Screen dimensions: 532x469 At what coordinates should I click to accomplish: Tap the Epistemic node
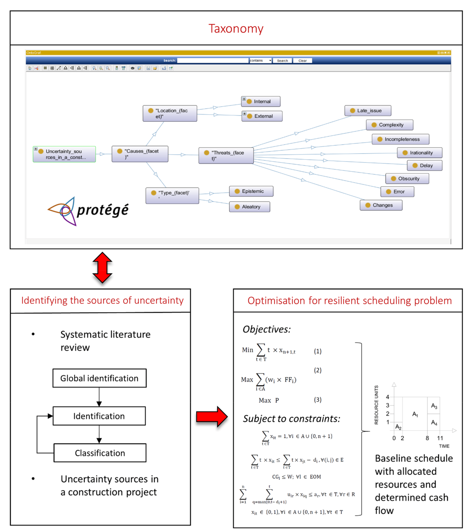pos(251,191)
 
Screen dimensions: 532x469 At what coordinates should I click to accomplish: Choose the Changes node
pos(381,205)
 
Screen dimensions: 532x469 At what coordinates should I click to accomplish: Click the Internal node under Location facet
pos(261,102)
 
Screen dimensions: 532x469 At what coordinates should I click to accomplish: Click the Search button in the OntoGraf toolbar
pos(282,61)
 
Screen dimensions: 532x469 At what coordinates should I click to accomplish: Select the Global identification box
pos(99,378)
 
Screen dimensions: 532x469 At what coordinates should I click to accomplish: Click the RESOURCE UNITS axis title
pos(376,405)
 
